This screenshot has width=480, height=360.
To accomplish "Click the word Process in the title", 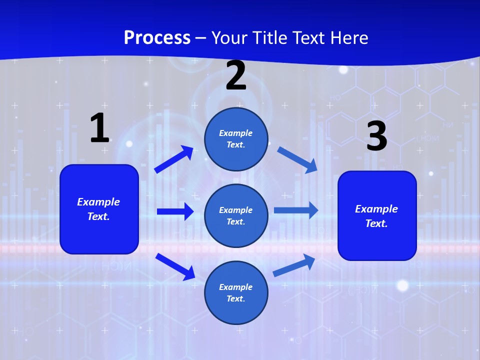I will point(157,38).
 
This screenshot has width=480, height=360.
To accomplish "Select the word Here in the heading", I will point(348,38).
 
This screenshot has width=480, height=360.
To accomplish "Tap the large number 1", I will point(99,128).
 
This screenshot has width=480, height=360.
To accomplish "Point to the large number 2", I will point(236,75).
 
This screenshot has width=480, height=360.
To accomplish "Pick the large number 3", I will point(376,136).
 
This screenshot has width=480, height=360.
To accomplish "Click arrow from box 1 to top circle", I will point(174,159).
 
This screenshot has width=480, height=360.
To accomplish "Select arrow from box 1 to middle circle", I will point(175,211).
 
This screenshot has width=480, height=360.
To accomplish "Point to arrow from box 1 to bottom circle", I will point(175,266).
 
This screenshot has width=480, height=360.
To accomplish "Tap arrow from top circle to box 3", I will point(298,160).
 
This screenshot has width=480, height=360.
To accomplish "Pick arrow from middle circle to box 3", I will point(296,210).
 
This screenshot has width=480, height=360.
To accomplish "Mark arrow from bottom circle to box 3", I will point(294,265).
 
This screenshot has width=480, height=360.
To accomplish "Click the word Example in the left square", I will point(98,202).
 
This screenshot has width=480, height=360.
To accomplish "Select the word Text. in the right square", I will point(376,223).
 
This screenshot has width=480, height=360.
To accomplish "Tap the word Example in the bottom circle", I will point(236,287).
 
